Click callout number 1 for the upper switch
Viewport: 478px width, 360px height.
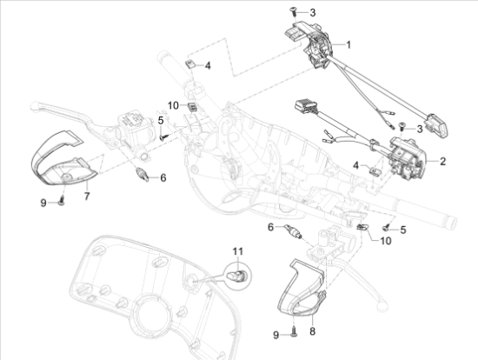click(348, 44)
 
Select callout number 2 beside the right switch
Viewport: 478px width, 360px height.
click(442, 161)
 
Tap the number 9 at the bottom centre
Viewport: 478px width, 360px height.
click(276, 335)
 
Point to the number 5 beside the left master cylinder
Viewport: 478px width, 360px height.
click(160, 119)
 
